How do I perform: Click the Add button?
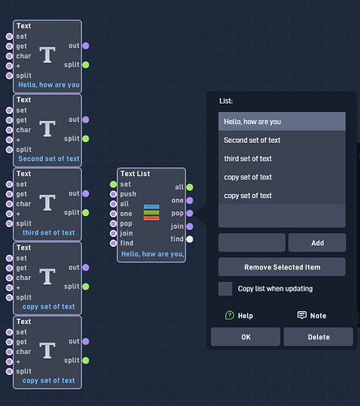tap(317, 243)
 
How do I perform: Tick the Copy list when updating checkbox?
tap(225, 288)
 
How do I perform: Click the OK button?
tap(245, 337)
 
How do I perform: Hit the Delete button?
tap(319, 337)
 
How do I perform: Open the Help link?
tap(239, 316)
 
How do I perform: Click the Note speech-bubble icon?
tap(301, 315)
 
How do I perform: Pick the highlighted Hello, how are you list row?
tap(282, 122)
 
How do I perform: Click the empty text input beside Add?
tap(252, 243)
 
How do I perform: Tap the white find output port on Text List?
tap(190, 240)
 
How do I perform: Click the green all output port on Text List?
tap(190, 187)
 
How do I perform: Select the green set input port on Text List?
tap(113, 184)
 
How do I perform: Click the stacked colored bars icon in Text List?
tap(151, 213)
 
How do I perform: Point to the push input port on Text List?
tap(113, 194)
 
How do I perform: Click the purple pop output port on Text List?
tap(190, 214)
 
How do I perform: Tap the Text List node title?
tap(135, 174)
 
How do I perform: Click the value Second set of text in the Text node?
tap(49, 158)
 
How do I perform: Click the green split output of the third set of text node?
tap(85, 213)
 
